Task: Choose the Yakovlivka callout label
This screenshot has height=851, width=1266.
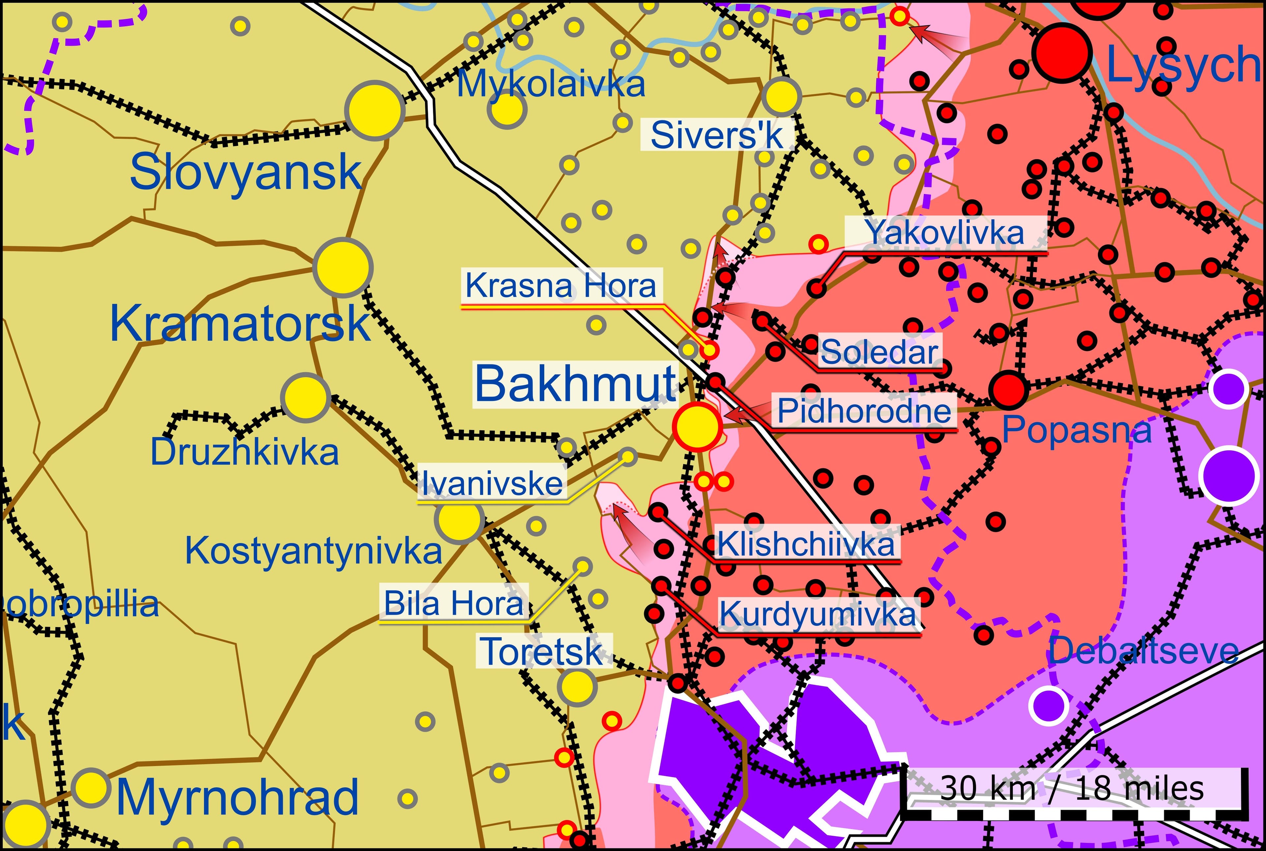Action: pos(945,233)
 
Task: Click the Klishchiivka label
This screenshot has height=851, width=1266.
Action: pos(806,544)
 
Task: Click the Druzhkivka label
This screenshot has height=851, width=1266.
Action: pos(244,452)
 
